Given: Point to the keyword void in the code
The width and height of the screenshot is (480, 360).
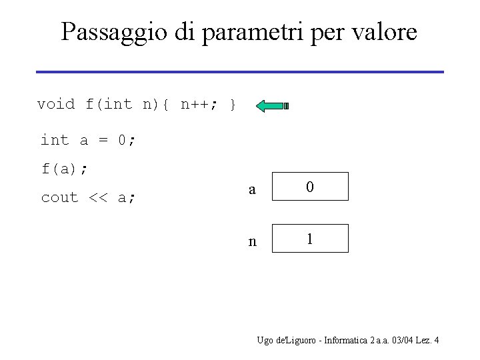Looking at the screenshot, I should click(x=56, y=104).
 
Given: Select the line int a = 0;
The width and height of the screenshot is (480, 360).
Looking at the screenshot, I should click(x=89, y=140).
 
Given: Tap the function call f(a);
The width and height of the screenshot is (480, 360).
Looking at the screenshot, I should click(x=65, y=169).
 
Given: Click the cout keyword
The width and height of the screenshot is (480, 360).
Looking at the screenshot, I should click(x=60, y=197).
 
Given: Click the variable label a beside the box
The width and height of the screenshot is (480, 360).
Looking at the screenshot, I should click(x=251, y=189).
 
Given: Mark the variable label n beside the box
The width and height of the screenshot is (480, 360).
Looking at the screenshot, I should click(x=251, y=241).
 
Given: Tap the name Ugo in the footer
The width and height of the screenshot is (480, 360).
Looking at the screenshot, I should click(x=265, y=341).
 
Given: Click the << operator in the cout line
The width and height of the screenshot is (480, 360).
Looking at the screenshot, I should click(x=97, y=197).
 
